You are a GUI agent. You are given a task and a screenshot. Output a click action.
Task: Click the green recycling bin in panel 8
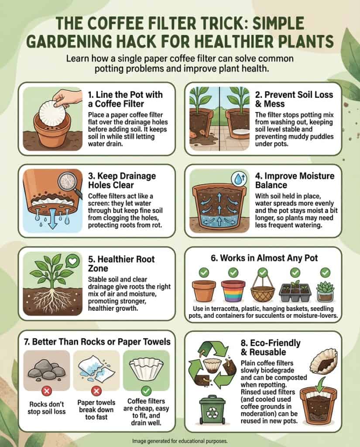click(x=209, y=409)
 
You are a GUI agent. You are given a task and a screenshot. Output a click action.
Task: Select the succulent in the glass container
click(x=325, y=291)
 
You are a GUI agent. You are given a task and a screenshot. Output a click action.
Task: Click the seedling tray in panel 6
click(x=295, y=292)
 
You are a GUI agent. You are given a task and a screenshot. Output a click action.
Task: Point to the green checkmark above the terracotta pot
click(x=203, y=273)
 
